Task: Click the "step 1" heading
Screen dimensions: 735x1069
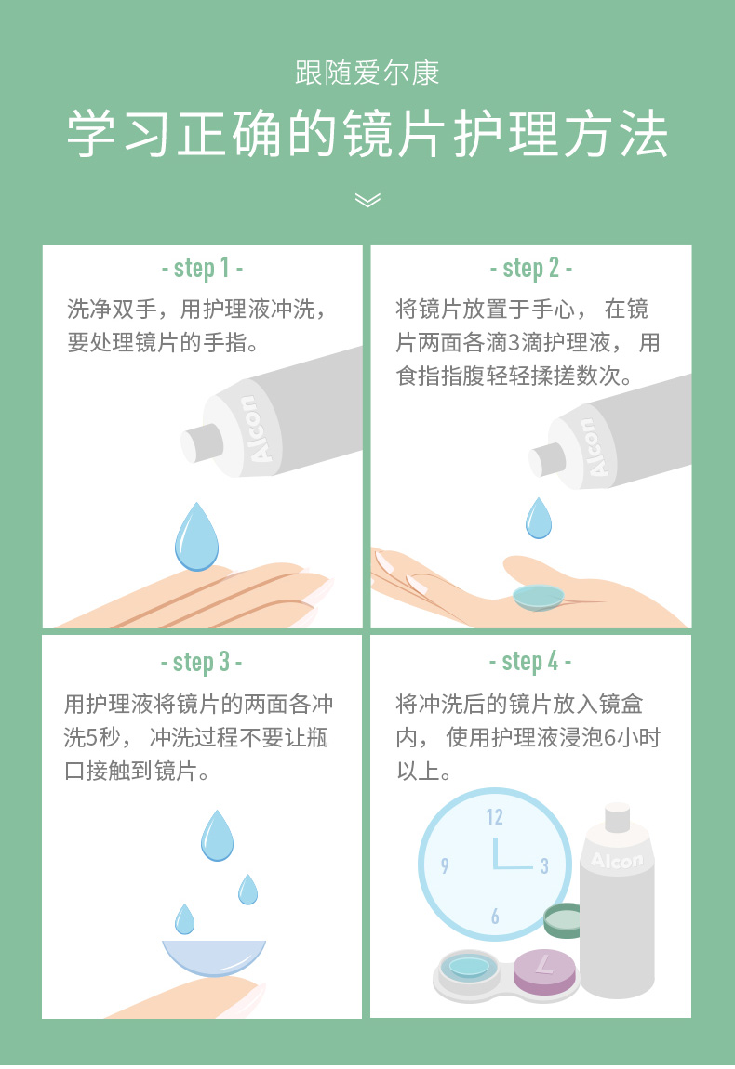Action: pos(202,268)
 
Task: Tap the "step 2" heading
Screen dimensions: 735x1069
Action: pos(530,268)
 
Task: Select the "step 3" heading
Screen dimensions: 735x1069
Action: pos(201,661)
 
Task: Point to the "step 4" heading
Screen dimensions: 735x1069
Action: pos(530,661)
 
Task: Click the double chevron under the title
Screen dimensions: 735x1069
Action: pos(367,200)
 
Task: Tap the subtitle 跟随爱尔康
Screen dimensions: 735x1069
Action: pos(367,73)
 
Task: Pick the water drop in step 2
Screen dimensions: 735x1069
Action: pos(539,518)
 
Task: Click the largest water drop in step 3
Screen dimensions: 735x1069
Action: pos(217,835)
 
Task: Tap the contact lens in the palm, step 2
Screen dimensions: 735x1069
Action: pos(539,597)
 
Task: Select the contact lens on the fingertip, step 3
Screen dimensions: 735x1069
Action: pos(214,957)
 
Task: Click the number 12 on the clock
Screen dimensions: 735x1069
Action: pos(494,817)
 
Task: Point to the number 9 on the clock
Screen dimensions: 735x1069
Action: pos(445,865)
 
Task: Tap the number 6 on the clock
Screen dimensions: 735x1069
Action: pos(495,917)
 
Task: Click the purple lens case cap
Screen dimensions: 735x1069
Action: pos(544,970)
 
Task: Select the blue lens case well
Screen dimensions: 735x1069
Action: pos(469,967)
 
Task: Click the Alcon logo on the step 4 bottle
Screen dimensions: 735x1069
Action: pos(616,861)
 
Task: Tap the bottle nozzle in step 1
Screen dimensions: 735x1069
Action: pos(201,442)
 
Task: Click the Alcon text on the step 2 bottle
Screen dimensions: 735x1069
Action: pos(595,446)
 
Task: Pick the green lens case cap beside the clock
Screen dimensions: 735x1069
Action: pos(562,920)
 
